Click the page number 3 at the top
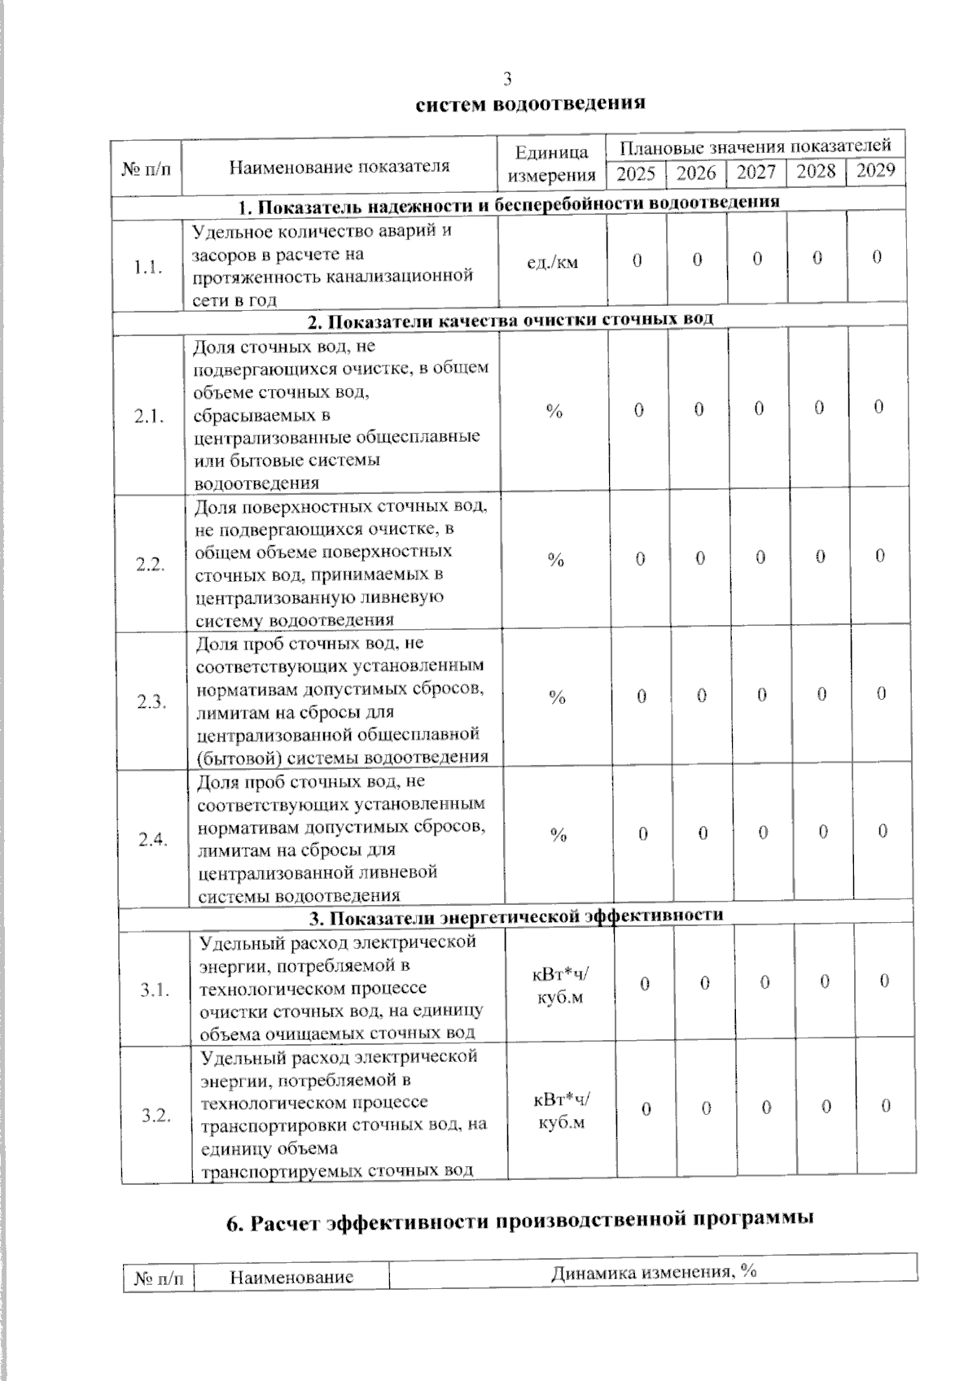508,79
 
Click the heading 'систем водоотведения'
531,103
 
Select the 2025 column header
636,173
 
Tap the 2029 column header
876,170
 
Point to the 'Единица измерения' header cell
552,164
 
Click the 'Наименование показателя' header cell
340,167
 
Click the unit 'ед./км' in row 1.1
554,262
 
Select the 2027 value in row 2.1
759,409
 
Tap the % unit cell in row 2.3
557,697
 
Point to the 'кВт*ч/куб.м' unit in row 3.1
560,985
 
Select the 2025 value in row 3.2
646,1109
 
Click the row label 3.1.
155,990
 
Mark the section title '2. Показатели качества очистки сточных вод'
510,320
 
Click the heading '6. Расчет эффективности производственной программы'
521,1221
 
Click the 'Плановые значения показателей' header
756,146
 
